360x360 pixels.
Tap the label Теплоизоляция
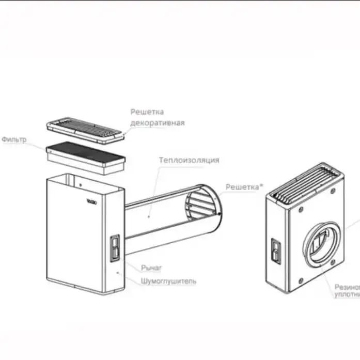coord(189,160)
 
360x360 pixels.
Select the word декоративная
coord(157,123)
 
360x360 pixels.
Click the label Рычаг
coord(151,268)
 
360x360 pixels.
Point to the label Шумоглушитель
coord(168,281)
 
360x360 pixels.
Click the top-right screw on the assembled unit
coord(332,191)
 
